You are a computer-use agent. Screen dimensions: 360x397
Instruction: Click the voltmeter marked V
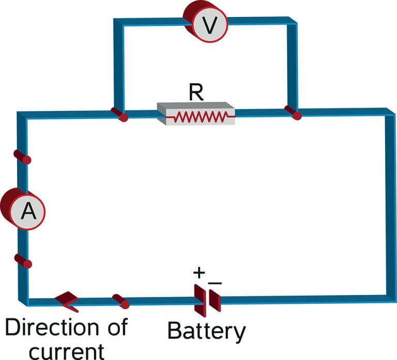click(206, 24)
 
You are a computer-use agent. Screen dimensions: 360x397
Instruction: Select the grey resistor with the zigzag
click(196, 115)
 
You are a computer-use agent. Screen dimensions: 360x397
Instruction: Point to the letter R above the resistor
click(196, 92)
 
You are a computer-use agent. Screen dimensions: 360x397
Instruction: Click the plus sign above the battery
click(199, 272)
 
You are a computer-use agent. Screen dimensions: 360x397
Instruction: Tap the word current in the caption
click(66, 350)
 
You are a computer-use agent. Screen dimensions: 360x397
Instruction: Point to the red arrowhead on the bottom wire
click(67, 302)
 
